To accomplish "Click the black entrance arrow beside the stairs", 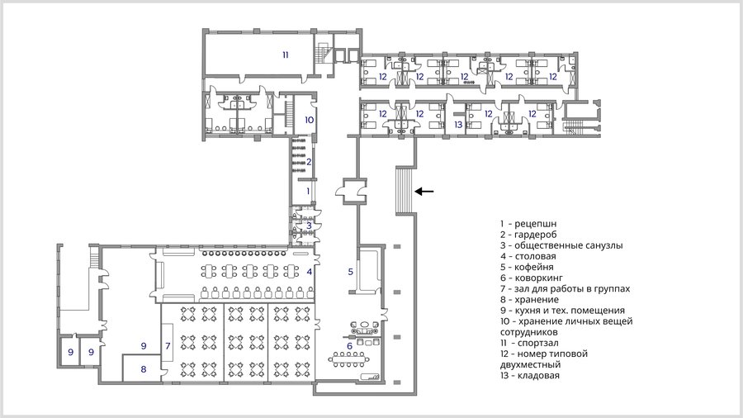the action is tap(424, 192).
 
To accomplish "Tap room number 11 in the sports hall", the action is tap(286, 55).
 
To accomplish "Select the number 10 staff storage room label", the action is tap(309, 120).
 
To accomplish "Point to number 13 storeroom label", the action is tap(458, 125).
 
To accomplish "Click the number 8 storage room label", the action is tap(144, 368).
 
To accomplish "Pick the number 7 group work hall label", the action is tap(168, 346).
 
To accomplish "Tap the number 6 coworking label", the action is tap(350, 346).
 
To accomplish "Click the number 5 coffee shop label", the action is tap(351, 272).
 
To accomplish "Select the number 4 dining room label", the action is tap(310, 272).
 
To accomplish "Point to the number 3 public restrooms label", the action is tap(309, 226).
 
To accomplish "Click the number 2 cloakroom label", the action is tap(309, 162).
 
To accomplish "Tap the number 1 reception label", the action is tap(308, 191).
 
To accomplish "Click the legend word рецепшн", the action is tap(536, 224).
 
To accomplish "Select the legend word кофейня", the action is tap(534, 267).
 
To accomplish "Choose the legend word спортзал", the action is tap(537, 343).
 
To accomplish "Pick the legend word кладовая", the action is tap(538, 375).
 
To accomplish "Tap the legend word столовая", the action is tap(536, 256).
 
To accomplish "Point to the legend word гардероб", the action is tap(536, 235).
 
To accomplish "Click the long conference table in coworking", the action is tap(350, 359).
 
